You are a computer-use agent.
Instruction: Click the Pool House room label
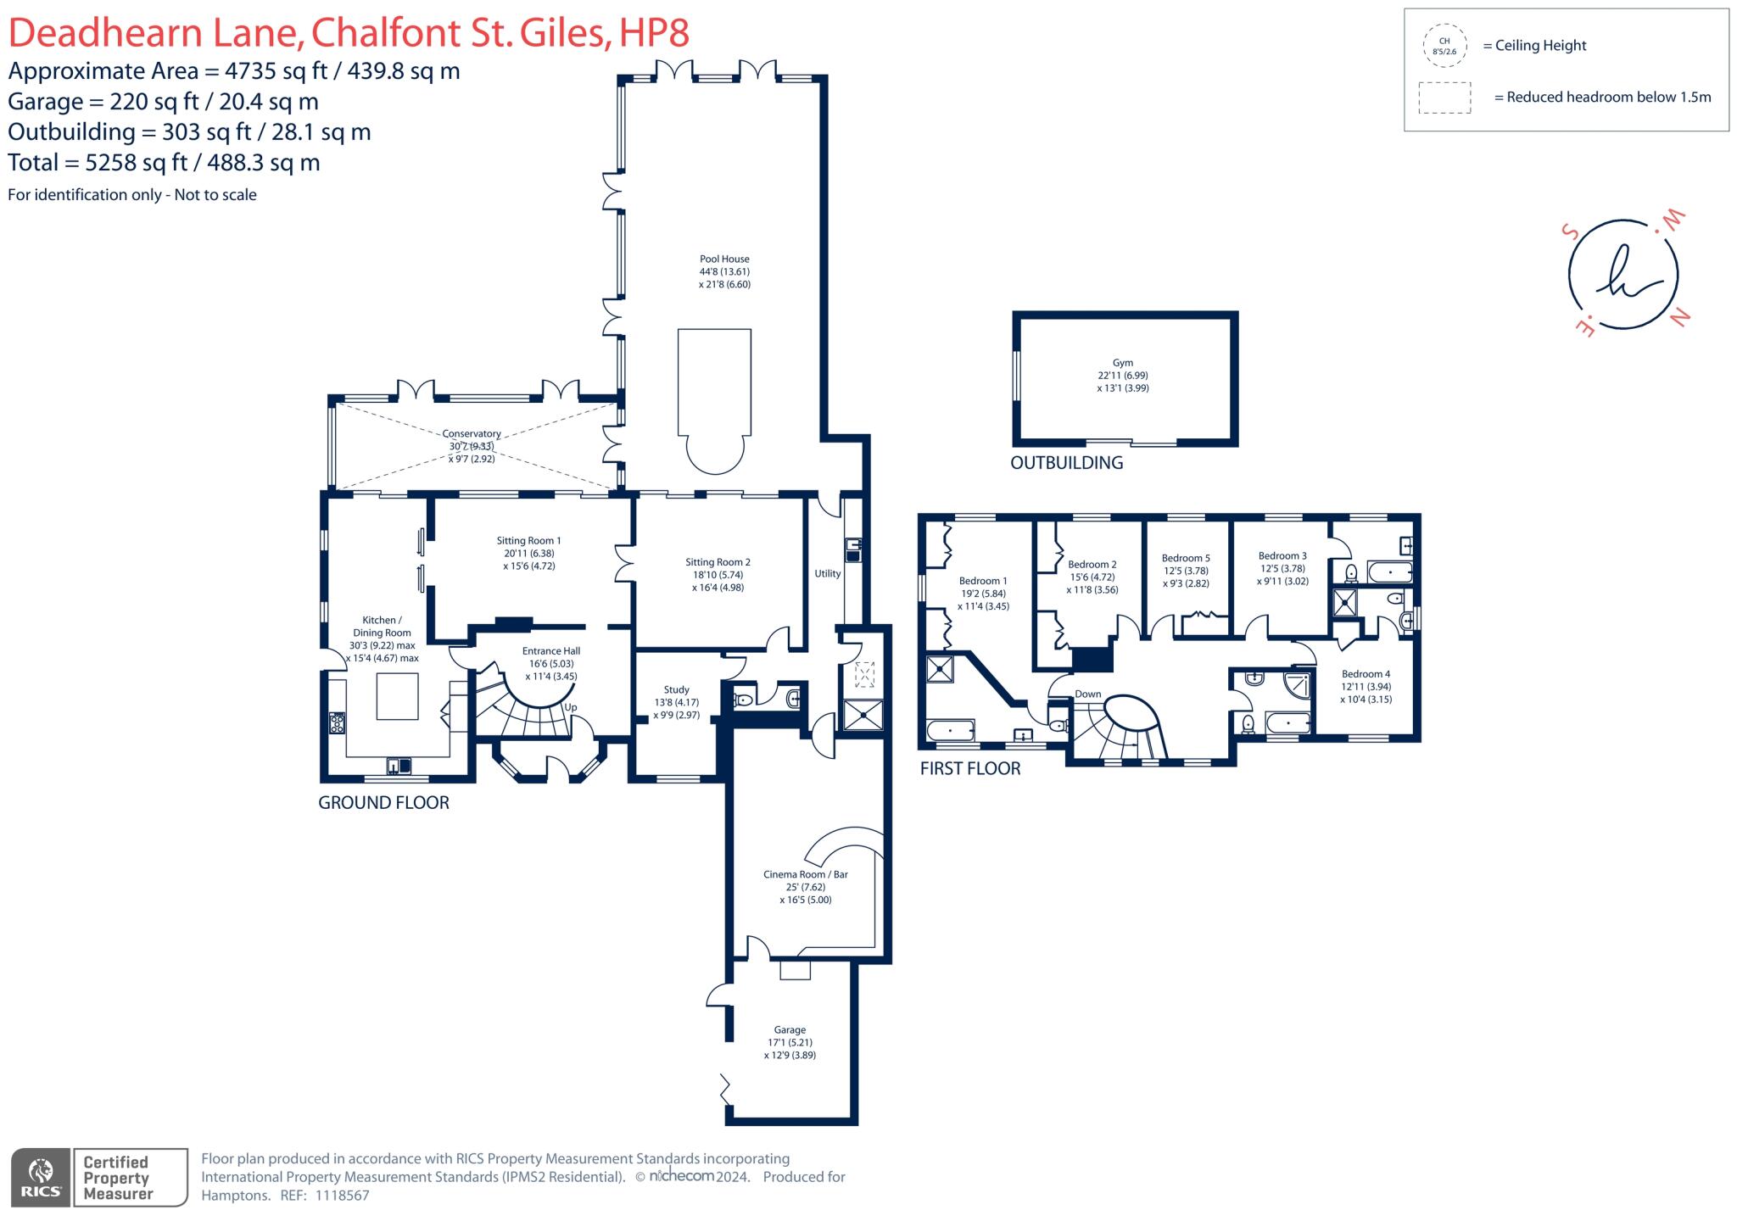pyautogui.click(x=723, y=259)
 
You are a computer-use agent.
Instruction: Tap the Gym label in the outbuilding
pyautogui.click(x=1122, y=363)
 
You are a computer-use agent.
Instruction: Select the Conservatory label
pyautogui.click(x=471, y=434)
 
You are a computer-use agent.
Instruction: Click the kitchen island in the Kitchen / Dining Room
pyautogui.click(x=397, y=696)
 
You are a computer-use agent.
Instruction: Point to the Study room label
pyautogui.click(x=676, y=690)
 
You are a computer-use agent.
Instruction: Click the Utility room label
pyautogui.click(x=827, y=574)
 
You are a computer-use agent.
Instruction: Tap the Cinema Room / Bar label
pyautogui.click(x=805, y=874)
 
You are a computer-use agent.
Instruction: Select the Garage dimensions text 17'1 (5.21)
pyautogui.click(x=790, y=1043)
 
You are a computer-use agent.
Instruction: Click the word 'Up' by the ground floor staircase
pyautogui.click(x=571, y=707)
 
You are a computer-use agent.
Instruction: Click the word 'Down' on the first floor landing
pyautogui.click(x=1087, y=694)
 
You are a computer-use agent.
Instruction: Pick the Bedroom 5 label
pyautogui.click(x=1185, y=559)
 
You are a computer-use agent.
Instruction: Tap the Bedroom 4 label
pyautogui.click(x=1366, y=674)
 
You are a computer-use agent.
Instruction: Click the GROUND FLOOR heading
pyautogui.click(x=383, y=803)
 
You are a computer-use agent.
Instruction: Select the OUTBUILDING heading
pyautogui.click(x=1066, y=463)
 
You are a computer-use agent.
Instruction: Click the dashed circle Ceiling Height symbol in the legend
pyautogui.click(x=1444, y=46)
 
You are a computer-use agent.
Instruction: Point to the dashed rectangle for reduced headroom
pyautogui.click(x=1444, y=98)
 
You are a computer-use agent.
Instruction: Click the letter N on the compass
pyautogui.click(x=1679, y=317)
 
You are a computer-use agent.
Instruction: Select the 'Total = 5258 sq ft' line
pyautogui.click(x=164, y=163)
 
